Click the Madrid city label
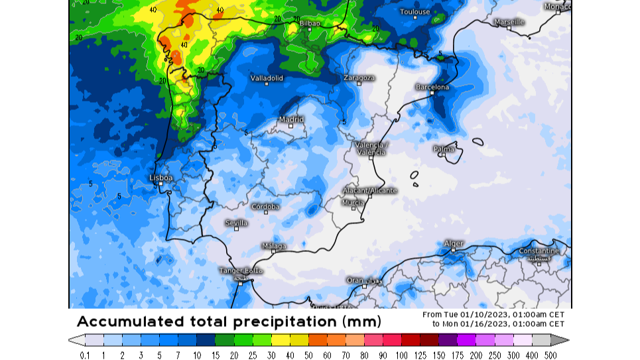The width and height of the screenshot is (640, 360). point(291,120)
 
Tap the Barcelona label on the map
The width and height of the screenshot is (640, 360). point(432,88)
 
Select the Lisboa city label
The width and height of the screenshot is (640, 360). point(161,178)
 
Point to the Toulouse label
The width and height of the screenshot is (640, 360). point(415,12)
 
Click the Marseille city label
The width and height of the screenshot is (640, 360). point(509,22)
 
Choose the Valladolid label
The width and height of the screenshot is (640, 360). point(267,78)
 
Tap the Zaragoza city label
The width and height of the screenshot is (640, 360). point(359,78)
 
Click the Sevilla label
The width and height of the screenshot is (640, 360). point(236,223)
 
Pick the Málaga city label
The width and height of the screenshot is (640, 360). point(274,246)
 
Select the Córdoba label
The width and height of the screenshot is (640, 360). point(265,207)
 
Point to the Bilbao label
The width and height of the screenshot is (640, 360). point(310,23)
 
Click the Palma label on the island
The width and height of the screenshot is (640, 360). point(444,149)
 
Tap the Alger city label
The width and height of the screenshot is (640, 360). point(454,244)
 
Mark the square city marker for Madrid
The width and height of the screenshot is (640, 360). point(290,126)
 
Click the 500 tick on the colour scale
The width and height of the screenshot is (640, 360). point(550,355)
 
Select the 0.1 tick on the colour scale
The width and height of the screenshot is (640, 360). point(85,355)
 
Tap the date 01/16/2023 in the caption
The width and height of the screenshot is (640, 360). point(485,324)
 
